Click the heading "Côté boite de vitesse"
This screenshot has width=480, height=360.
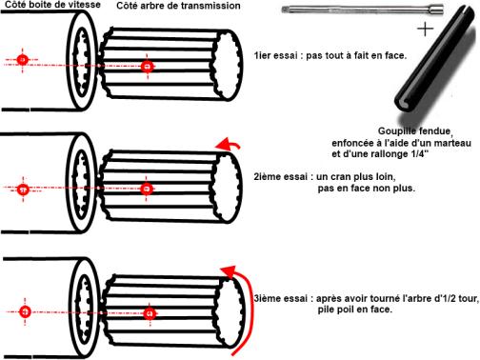[x=52, y=5]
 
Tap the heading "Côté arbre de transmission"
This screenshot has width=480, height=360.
[x=178, y=6]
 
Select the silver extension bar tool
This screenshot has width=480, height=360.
[x=363, y=10]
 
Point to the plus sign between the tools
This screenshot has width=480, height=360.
[x=425, y=30]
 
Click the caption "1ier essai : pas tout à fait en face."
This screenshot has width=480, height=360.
[x=330, y=55]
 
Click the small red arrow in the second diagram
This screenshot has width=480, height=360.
[x=228, y=145]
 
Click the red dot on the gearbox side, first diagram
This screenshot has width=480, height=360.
[x=22, y=60]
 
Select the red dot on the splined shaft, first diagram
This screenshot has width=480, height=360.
[x=147, y=66]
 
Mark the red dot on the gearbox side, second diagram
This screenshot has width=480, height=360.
[x=23, y=190]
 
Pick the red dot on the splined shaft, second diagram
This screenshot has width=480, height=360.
[x=147, y=189]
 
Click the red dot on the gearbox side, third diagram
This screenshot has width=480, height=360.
[x=25, y=311]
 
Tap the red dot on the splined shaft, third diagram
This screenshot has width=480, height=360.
[x=150, y=313]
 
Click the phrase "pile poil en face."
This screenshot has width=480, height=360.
[x=355, y=310]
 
